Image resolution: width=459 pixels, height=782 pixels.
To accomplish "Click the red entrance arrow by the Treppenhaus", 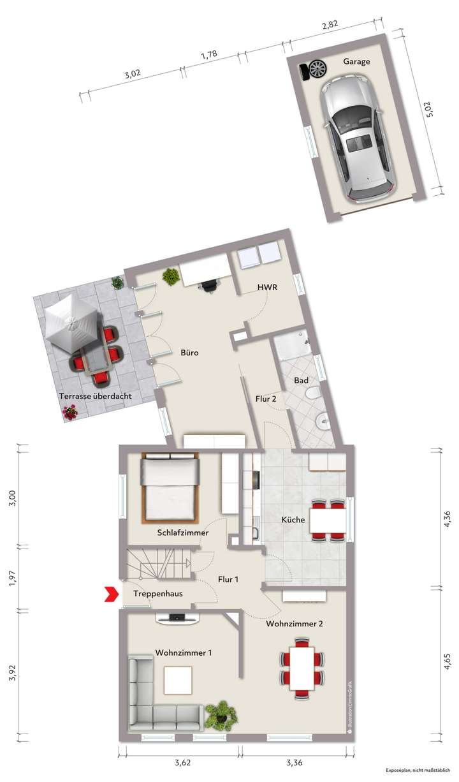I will (112, 594).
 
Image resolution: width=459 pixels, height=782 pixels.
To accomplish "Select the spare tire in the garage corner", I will (316, 69).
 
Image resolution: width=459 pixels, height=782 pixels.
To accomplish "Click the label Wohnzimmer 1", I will (184, 653).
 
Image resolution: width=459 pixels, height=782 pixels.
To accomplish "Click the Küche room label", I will (293, 520).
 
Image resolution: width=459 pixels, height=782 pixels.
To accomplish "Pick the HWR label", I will (267, 288).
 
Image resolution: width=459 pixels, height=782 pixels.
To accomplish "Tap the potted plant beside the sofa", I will (221, 714).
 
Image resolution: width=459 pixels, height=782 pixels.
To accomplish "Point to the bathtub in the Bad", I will (291, 347).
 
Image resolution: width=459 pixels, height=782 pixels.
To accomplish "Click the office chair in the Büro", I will (208, 288).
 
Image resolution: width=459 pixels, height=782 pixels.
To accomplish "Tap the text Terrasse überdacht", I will (95, 396).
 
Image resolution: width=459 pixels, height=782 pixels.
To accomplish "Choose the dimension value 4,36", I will (448, 519).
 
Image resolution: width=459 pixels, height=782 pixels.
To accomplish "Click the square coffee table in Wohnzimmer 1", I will (178, 680).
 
